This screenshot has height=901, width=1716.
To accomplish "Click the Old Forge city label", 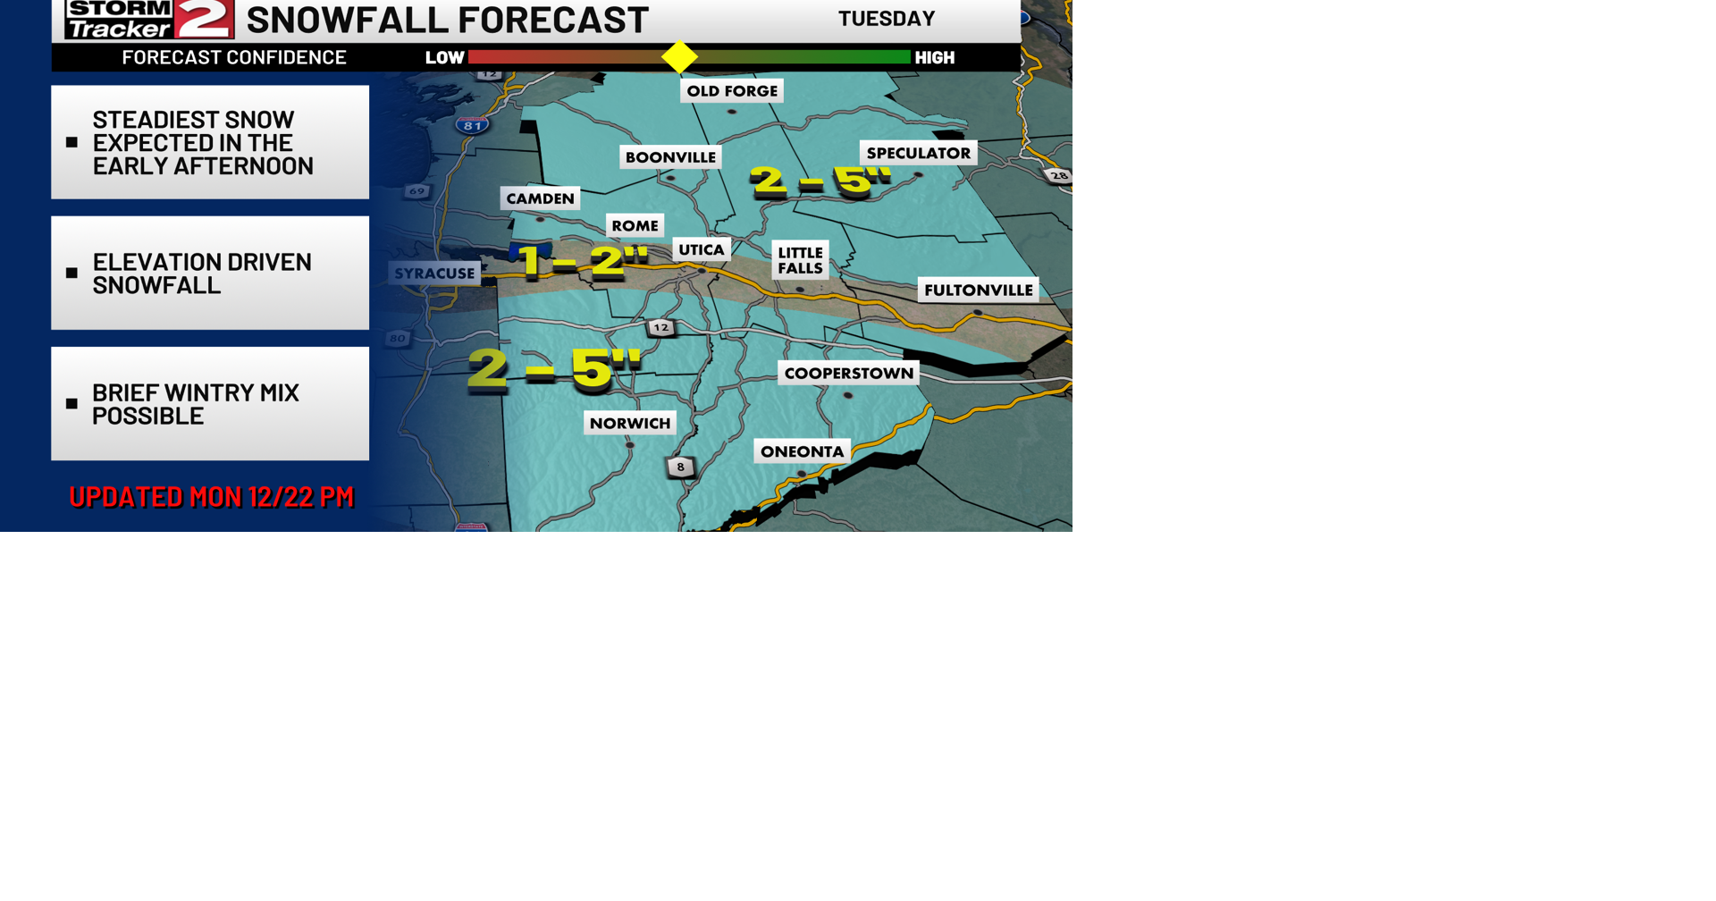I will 732,91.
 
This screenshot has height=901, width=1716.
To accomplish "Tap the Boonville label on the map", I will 670,157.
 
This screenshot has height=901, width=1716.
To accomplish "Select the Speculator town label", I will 918,153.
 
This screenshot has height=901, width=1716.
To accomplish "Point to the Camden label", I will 540,198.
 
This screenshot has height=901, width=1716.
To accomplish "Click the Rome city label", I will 635,225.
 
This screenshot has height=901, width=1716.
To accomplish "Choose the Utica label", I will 701,249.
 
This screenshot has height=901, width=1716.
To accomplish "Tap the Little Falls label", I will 800,260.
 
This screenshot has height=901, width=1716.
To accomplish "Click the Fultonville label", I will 978,290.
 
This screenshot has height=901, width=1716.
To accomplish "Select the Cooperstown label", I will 848,373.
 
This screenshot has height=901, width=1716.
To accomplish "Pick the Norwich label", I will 629,423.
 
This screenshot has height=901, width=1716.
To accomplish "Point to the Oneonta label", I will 802,451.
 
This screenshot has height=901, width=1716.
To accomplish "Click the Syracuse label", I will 434,274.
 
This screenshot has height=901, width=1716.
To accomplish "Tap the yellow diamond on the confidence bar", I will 679,57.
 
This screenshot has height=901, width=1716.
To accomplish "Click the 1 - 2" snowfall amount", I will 582,261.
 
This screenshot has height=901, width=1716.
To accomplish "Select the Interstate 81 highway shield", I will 472,125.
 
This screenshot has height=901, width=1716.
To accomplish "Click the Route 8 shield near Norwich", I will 680,467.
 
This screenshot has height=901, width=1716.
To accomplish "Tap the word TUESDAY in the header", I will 886,19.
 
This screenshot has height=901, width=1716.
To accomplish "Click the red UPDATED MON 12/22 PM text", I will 211,497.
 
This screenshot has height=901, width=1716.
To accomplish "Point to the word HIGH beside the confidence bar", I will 934,58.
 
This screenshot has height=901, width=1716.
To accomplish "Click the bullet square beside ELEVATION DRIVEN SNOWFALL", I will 72,273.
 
